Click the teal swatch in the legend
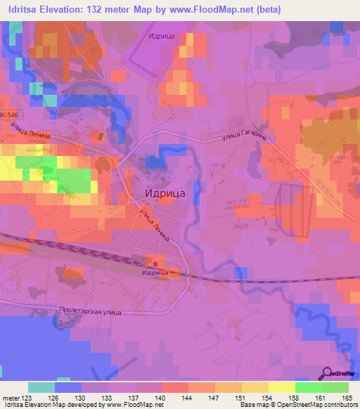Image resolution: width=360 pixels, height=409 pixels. pos(41,387)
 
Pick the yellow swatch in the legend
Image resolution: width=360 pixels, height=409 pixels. pos(282,387)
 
